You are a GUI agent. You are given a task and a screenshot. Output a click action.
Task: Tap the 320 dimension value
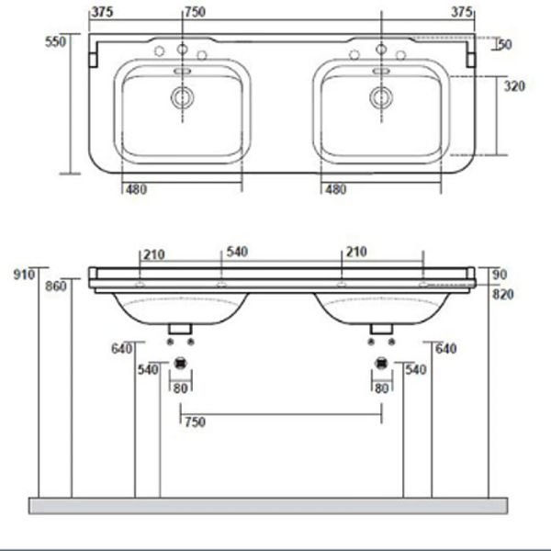[x=514, y=86]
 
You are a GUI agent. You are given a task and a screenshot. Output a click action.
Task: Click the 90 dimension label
[x=499, y=274]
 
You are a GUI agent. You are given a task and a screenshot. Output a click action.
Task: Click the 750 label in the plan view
[x=196, y=12]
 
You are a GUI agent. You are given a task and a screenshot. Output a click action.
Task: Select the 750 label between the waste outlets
[x=194, y=422]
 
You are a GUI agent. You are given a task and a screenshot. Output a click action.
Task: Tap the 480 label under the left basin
[x=137, y=190]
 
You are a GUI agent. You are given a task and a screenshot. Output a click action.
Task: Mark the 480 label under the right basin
[x=335, y=190]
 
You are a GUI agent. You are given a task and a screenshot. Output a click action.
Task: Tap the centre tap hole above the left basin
[x=182, y=49]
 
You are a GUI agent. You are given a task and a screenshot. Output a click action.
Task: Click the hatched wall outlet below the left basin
[x=181, y=362]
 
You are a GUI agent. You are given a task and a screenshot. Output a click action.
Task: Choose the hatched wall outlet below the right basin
[x=380, y=362]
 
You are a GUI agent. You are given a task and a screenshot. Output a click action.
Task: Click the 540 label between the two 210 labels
[x=237, y=252]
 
